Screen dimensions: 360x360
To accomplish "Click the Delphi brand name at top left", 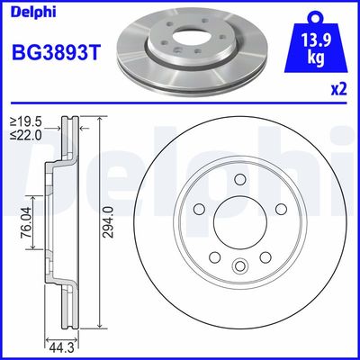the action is coord(33,13).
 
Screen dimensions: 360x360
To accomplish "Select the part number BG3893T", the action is coord(56,52).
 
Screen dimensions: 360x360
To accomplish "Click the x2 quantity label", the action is coord(339,89).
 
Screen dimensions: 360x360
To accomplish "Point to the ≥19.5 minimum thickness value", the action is coord(26,122).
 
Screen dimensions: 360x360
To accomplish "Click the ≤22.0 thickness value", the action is coord(26,135).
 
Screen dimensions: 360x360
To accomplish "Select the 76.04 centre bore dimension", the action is coord(27,222).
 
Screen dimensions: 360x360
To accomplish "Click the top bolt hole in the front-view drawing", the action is coord(240,179).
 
